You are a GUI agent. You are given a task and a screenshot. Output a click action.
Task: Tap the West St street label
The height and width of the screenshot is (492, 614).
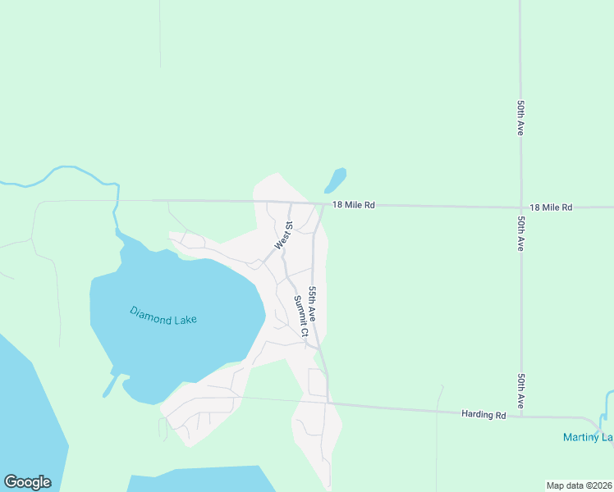tap(283, 235)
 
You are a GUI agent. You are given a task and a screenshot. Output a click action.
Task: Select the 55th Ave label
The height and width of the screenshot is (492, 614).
tap(317, 303)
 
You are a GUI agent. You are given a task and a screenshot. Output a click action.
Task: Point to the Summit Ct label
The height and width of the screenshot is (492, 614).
tap(300, 317)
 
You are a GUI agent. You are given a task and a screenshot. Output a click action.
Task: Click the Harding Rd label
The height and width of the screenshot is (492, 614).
tap(483, 415)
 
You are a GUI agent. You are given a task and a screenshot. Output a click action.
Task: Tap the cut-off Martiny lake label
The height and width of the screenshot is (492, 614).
tap(588, 437)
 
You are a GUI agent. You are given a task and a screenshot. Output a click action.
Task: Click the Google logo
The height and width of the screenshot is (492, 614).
tap(27, 482)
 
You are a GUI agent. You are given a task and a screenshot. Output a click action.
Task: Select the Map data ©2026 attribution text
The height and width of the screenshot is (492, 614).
tap(579, 485)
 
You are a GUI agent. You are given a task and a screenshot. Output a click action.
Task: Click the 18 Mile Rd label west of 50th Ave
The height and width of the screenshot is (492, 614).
tap(354, 205)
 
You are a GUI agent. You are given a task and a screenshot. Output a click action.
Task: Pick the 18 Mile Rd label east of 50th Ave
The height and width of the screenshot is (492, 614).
tap(551, 207)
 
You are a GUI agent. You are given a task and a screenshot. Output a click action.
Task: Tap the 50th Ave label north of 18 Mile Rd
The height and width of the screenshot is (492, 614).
tap(520, 119)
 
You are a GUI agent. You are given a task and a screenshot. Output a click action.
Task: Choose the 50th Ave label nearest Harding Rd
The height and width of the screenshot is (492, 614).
tap(520, 392)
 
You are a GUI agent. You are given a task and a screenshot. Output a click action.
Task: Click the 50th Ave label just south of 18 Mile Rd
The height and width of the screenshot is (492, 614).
tap(520, 234)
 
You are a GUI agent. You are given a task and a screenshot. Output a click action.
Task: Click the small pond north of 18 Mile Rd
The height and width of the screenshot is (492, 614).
tap(336, 180)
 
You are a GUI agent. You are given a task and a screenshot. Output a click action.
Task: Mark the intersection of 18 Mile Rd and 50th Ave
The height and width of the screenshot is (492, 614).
tap(520, 207)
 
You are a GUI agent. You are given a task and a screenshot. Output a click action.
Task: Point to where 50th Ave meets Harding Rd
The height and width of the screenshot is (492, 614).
tap(520, 416)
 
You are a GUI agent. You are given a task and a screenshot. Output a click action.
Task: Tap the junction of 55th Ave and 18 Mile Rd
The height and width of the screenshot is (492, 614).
tap(322, 204)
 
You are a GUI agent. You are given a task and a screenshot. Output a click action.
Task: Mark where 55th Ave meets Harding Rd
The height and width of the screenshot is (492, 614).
tap(328, 403)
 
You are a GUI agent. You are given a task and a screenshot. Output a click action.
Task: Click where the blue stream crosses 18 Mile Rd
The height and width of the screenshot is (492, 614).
tap(118, 200)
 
